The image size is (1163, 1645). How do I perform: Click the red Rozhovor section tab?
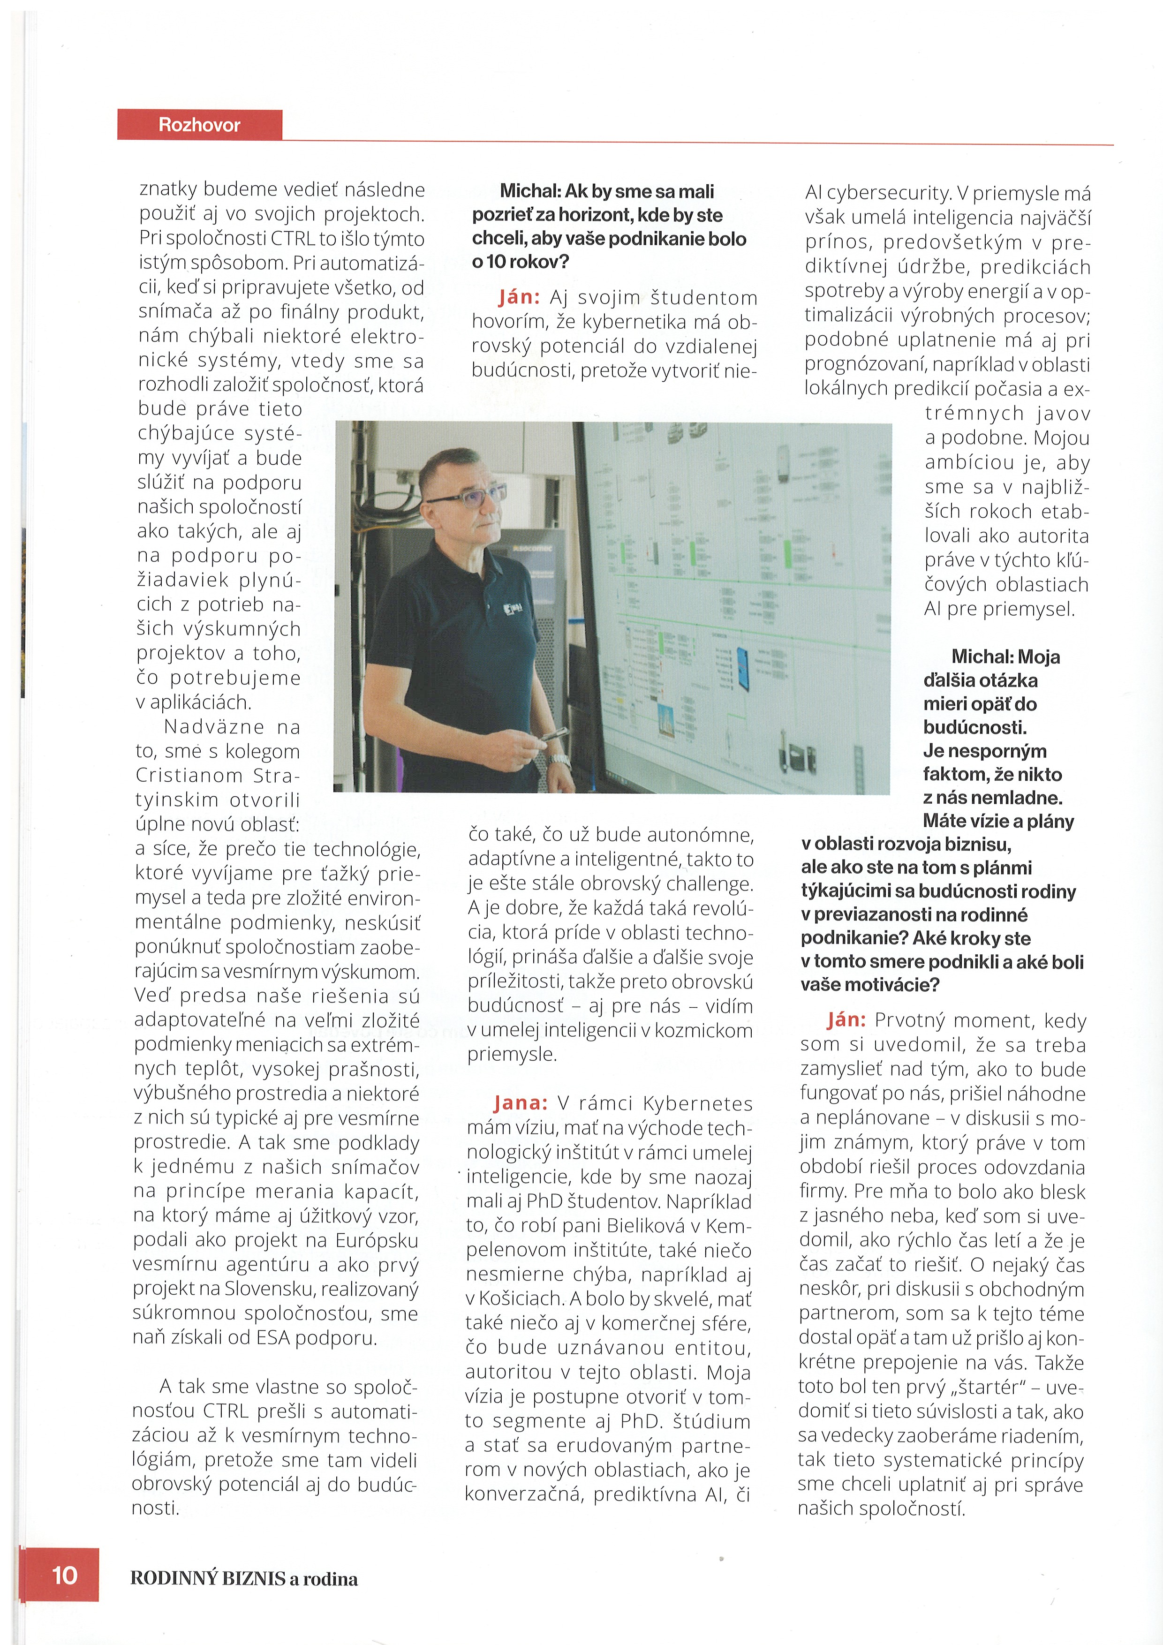click(x=199, y=125)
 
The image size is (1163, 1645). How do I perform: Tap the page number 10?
click(x=65, y=1575)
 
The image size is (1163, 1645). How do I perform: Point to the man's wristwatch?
click(x=559, y=760)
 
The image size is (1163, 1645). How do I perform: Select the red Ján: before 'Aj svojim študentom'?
click(x=520, y=297)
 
